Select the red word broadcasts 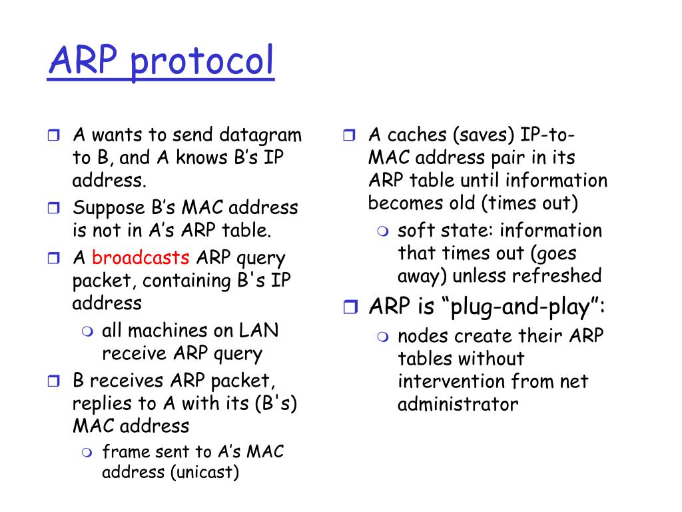[x=141, y=258]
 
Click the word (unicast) [x=204, y=473]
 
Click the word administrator [x=458, y=405]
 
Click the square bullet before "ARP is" [x=350, y=307]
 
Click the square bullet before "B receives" [x=54, y=382]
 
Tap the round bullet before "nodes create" [x=383, y=337]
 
